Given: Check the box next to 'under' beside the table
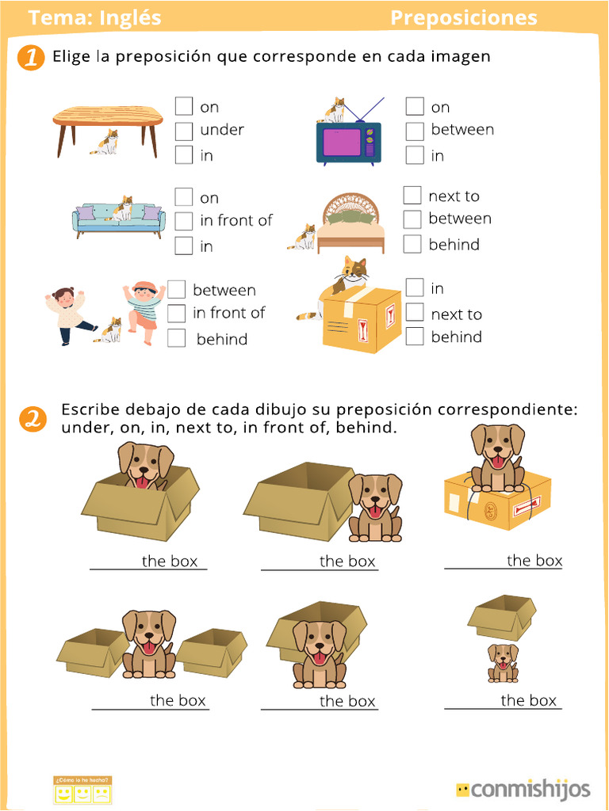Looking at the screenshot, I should point(184,131).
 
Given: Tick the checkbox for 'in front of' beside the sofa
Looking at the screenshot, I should point(184,221).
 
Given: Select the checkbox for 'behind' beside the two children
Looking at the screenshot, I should point(177,338).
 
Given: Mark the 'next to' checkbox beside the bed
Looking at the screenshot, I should point(412,196).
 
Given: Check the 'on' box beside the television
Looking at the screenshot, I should point(415,106).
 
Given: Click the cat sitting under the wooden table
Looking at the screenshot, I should point(105,143).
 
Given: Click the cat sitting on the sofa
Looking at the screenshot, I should point(123,208).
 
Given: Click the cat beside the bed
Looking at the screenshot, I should point(304,237).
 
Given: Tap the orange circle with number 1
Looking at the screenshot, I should point(30,58).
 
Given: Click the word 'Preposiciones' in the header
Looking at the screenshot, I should point(463,18).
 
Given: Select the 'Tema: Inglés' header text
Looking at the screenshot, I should point(94,18).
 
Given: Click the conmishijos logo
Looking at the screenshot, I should point(523,789).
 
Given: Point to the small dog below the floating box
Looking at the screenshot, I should point(503,663).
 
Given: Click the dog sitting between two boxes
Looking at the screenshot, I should point(148,643).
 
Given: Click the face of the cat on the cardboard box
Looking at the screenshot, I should point(354,270).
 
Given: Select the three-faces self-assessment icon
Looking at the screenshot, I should point(82,790).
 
